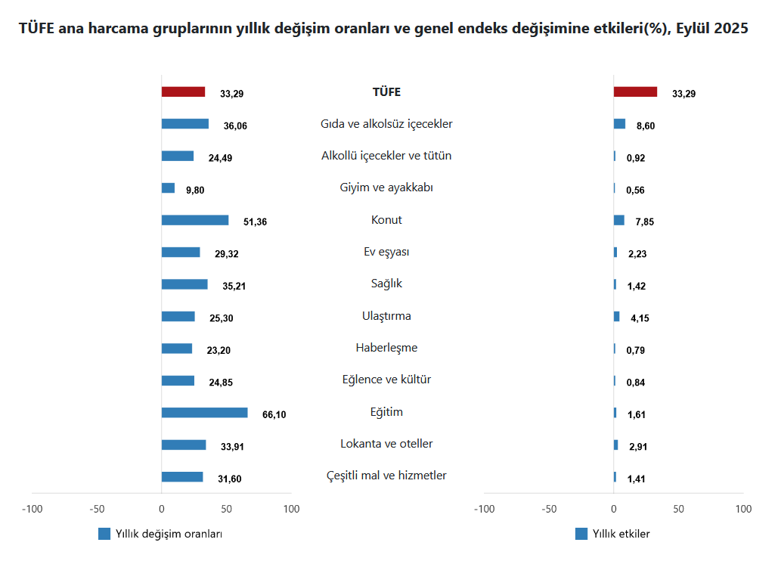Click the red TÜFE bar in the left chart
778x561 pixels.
pyautogui.click(x=183, y=92)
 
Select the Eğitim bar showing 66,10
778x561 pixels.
pyautogui.click(x=204, y=413)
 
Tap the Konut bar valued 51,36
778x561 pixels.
pyautogui.click(x=194, y=220)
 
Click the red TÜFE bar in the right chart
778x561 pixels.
pyautogui.click(x=635, y=92)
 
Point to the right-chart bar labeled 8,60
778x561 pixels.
pyautogui.click(x=619, y=124)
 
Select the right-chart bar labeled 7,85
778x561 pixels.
pyautogui.click(x=618, y=220)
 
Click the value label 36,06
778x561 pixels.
pyautogui.click(x=235, y=126)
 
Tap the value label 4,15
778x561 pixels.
pyautogui.click(x=640, y=318)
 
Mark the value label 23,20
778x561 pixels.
pyautogui.click(x=219, y=350)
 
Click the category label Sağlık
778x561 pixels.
pyautogui.click(x=386, y=284)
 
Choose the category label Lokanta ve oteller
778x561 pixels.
pyautogui.click(x=386, y=444)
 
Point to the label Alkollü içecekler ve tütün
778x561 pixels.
pyautogui.click(x=386, y=156)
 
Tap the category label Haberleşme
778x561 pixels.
pyautogui.click(x=386, y=348)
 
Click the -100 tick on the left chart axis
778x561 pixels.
pyautogui.click(x=32, y=509)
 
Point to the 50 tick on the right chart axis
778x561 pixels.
pyautogui.click(x=678, y=509)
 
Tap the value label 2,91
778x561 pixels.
pyautogui.click(x=637, y=447)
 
